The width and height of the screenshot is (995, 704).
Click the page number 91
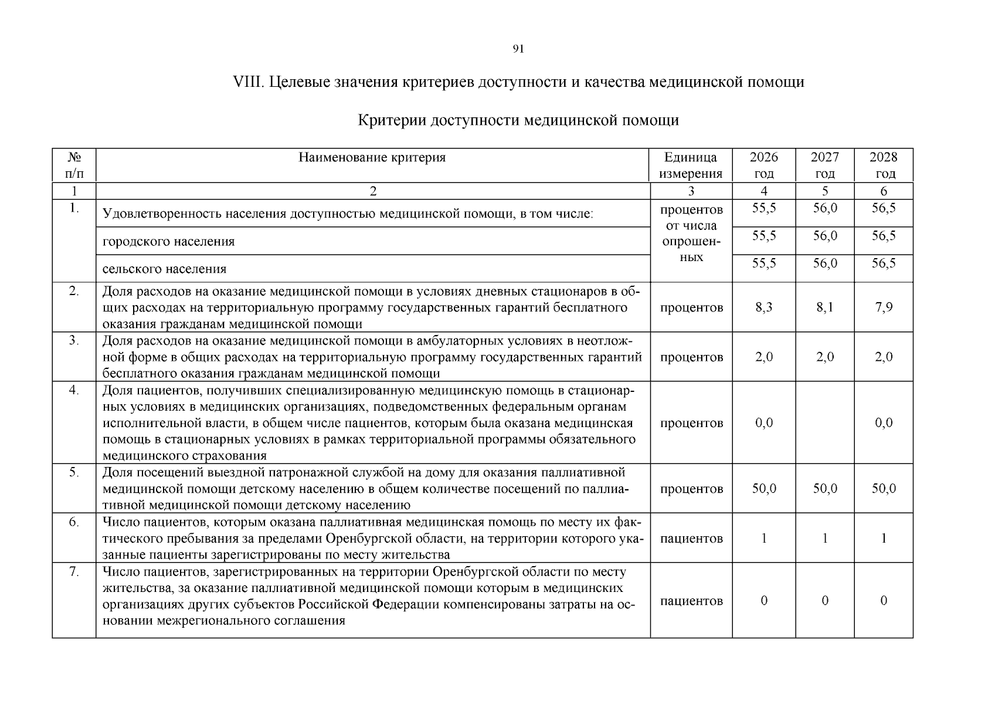pos(518,49)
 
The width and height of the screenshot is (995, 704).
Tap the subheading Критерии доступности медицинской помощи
pos(518,120)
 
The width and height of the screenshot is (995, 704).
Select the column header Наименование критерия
pos(372,157)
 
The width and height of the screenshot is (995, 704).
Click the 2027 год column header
pos(824,165)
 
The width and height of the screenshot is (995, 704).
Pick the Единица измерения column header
pos(691,165)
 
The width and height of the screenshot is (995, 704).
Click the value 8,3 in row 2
pos(764,307)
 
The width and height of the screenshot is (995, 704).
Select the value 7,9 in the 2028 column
pos(884,307)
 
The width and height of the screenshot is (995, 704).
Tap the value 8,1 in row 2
pos(824,307)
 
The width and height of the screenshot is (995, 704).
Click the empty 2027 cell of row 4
pos(824,423)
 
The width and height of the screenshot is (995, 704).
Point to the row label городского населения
pos(169,242)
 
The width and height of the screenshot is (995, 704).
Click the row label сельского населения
pos(165,269)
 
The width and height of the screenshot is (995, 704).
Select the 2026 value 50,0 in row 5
pos(764,489)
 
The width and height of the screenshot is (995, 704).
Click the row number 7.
pos(74,571)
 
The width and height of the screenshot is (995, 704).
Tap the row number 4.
pos(74,390)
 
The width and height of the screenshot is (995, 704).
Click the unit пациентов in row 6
pos(691,539)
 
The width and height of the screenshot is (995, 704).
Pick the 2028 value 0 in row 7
pos(884,601)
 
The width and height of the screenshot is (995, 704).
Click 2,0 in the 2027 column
pos(824,357)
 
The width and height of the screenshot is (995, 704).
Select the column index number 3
pos(691,191)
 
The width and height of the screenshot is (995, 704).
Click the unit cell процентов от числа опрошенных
pos(691,233)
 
